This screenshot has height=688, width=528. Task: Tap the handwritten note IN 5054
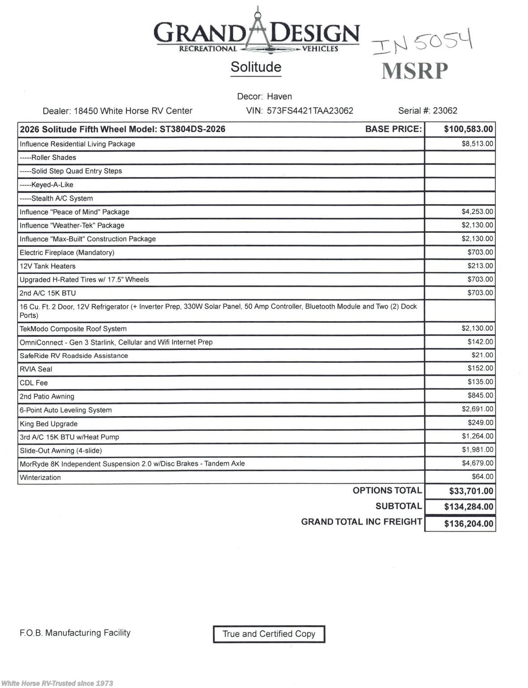(x=422, y=42)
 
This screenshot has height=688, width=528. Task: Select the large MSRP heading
(x=415, y=71)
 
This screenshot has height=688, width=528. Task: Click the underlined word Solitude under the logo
(x=256, y=67)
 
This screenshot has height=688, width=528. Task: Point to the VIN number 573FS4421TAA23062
(x=310, y=111)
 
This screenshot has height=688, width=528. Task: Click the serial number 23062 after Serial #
(x=445, y=111)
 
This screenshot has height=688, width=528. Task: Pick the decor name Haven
(x=279, y=96)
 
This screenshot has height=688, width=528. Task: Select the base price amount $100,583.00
(x=468, y=129)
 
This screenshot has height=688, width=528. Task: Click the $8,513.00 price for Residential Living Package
(x=477, y=144)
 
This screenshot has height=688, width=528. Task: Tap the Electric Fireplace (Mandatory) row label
(x=67, y=253)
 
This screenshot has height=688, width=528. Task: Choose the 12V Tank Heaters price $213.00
(x=480, y=266)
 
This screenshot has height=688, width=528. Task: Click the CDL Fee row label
(x=34, y=383)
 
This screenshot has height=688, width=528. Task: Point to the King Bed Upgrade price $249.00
(x=480, y=422)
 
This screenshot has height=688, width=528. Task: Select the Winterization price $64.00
(x=482, y=477)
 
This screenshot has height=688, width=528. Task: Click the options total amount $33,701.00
(x=471, y=491)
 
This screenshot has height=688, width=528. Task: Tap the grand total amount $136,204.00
(x=468, y=524)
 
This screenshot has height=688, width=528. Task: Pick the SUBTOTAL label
(x=399, y=506)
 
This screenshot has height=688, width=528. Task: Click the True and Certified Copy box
(x=269, y=634)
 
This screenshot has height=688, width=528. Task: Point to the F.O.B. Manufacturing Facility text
(x=75, y=633)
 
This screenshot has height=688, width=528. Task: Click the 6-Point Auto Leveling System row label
(x=65, y=410)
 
